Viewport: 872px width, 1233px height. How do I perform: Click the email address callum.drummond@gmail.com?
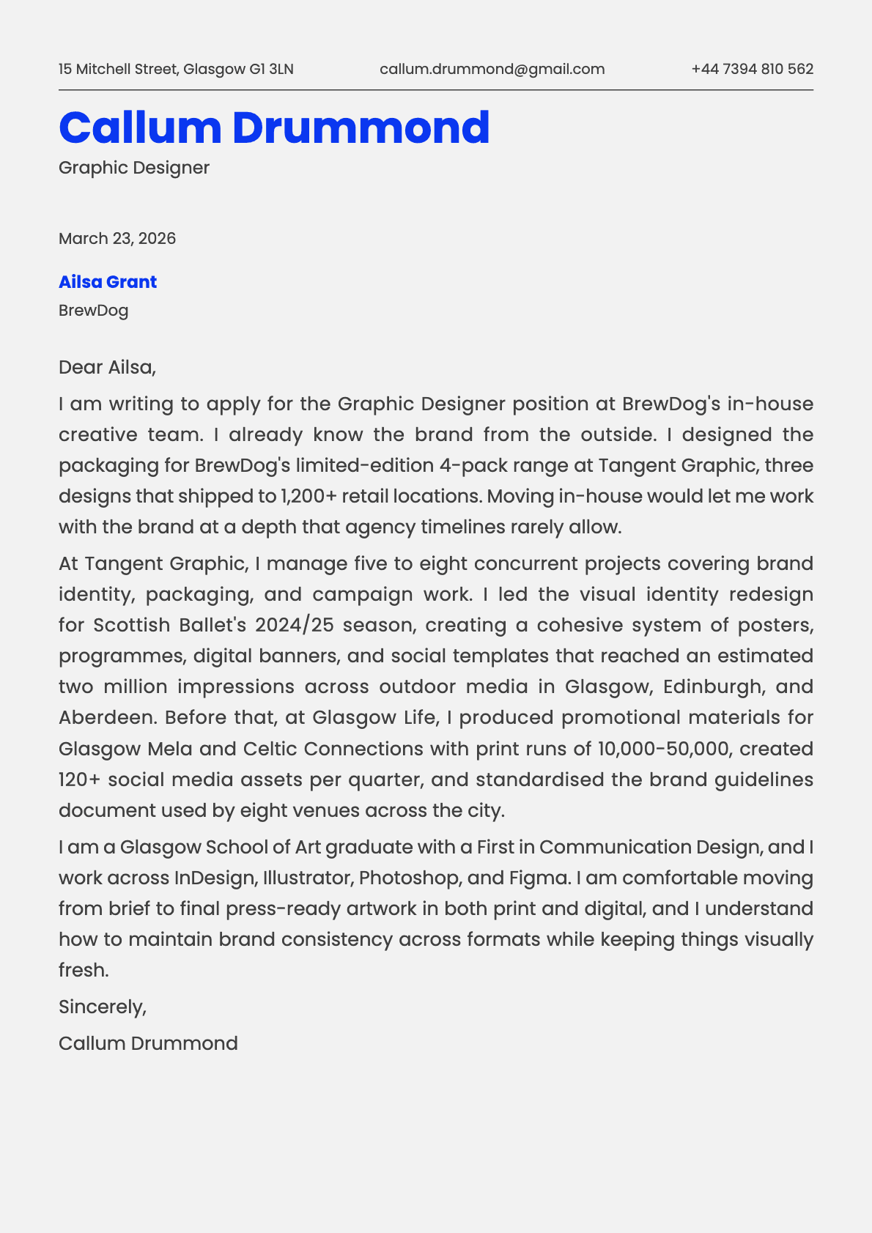[x=492, y=69]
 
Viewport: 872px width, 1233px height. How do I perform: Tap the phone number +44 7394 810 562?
[x=752, y=69]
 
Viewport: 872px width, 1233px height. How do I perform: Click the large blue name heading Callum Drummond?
[x=274, y=127]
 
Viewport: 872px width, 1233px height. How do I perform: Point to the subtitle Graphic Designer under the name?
[x=134, y=168]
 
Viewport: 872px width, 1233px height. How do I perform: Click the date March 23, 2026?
[x=117, y=239]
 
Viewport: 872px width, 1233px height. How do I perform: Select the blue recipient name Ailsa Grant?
[x=108, y=282]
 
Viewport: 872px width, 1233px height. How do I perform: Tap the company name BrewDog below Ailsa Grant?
[x=93, y=311]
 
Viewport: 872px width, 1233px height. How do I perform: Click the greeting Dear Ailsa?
[x=108, y=367]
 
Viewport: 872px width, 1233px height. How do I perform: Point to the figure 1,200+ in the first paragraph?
[x=308, y=497]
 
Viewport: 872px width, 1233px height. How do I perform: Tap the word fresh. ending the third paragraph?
[x=84, y=970]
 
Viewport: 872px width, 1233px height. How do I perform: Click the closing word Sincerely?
[x=103, y=1007]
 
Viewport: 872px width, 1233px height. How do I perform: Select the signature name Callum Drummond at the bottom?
[x=148, y=1043]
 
